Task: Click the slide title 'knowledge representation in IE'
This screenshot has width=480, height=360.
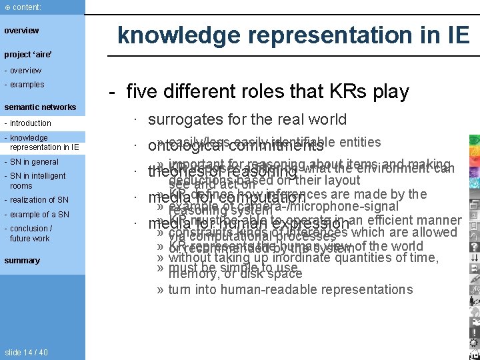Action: [x=293, y=35]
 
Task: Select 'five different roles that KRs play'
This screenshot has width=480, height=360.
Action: [x=267, y=91]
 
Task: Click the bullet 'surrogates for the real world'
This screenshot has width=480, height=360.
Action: [x=247, y=119]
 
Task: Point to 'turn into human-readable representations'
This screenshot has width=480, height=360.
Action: [x=290, y=289]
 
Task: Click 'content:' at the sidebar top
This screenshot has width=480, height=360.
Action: [x=23, y=7]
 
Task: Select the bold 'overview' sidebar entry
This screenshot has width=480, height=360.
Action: [x=21, y=31]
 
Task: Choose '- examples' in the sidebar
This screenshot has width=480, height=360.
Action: [x=24, y=85]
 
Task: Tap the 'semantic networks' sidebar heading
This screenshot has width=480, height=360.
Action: [x=40, y=107]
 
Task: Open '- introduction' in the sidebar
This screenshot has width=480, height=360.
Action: [x=27, y=123]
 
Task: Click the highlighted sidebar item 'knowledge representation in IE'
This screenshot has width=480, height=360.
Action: [x=41, y=143]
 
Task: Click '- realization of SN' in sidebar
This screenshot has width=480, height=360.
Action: [x=36, y=200]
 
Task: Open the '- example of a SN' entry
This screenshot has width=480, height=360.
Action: [x=36, y=215]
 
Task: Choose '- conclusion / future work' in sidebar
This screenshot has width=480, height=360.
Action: [x=30, y=233]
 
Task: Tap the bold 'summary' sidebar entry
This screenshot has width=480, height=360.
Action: [x=22, y=261]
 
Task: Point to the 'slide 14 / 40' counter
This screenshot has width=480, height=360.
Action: [x=26, y=353]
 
